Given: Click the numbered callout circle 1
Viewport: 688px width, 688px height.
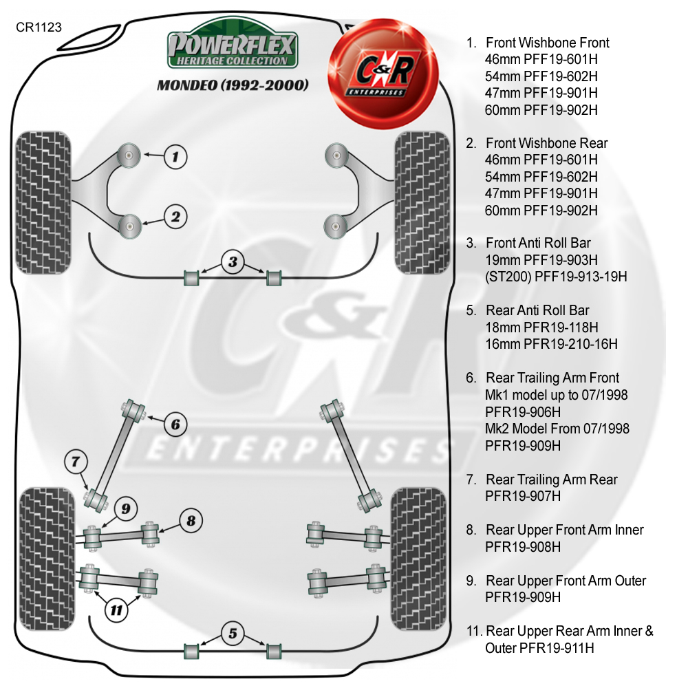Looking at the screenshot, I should point(175,156).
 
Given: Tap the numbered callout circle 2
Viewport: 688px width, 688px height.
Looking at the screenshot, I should point(175,217).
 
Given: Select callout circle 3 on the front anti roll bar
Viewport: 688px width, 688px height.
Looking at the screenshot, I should point(233,261).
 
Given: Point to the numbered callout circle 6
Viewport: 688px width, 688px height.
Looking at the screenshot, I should point(175,424).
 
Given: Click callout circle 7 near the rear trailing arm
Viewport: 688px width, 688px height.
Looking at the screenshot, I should point(76,461).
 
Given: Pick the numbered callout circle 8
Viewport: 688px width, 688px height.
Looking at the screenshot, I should point(192,521).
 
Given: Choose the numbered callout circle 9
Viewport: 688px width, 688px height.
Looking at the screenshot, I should point(125,509).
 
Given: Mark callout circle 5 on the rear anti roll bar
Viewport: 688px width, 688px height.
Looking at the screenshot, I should point(233,632).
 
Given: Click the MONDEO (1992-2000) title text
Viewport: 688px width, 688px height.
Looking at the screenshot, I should point(233,86).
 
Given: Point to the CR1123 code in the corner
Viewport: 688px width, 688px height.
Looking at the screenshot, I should point(39,28).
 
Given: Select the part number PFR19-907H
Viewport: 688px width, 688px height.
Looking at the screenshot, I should point(523,496).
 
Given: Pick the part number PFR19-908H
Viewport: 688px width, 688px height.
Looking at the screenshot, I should point(523,547).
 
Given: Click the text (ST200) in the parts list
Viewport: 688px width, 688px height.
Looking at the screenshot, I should point(509,277).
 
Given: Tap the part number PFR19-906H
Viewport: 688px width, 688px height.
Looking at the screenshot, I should point(523,412).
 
